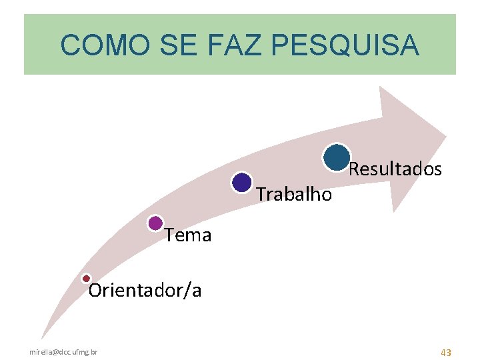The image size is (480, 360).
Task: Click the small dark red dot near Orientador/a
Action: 86,278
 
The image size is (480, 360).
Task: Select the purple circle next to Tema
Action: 155,223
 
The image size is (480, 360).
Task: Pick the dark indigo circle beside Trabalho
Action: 242,182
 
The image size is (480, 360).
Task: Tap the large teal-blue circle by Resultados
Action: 337,157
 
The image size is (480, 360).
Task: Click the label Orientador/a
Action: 145,291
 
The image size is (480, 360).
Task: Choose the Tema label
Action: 188,235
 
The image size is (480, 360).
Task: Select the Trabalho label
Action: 294,194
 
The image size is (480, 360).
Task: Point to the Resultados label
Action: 395,169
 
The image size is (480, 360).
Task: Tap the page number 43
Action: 446,351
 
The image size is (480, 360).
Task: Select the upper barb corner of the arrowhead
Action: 380,87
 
